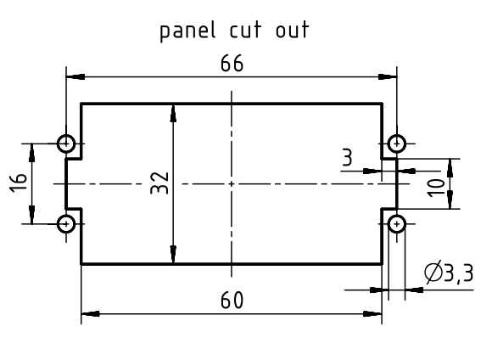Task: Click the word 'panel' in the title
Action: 187,31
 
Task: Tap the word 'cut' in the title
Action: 245,30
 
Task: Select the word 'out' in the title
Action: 293,30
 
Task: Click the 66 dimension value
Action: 232,63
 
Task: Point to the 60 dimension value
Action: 232,301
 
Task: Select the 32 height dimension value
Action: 159,183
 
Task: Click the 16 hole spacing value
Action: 18,183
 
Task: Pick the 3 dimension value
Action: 347,157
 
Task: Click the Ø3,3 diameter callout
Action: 449,273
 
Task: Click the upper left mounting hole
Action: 66,143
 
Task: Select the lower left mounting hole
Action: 66,224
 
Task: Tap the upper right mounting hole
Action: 397,143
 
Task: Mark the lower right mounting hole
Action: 397,224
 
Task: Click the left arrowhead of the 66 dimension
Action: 75,76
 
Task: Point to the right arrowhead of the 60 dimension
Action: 372,314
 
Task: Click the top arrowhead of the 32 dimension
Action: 173,113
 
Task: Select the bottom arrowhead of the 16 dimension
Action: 31,215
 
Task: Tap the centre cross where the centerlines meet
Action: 232,183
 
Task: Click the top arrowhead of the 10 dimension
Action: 450,168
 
